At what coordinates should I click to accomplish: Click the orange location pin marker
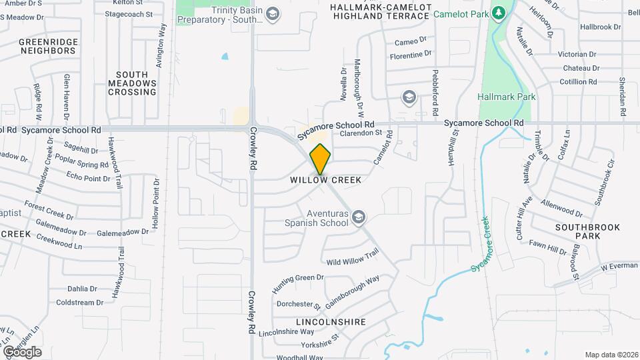[x=320, y=159]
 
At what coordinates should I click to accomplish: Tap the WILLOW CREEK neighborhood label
[x=325, y=180]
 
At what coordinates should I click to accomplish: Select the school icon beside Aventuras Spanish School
[x=359, y=217]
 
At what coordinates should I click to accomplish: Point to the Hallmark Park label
[x=507, y=97]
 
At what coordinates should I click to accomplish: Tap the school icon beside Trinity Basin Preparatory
[x=272, y=13]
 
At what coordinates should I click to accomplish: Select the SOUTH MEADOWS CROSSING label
[x=132, y=83]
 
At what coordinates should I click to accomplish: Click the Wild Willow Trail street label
[x=352, y=255]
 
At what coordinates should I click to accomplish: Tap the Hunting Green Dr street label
[x=297, y=283]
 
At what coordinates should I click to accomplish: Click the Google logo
[x=22, y=351]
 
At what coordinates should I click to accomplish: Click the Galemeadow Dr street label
[x=123, y=231]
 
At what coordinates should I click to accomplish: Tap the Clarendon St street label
[x=360, y=133]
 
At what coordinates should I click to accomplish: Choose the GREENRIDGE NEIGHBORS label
[x=49, y=46]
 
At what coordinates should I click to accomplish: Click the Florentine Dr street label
[x=412, y=53]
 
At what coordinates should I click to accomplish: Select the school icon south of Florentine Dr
[x=408, y=98]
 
